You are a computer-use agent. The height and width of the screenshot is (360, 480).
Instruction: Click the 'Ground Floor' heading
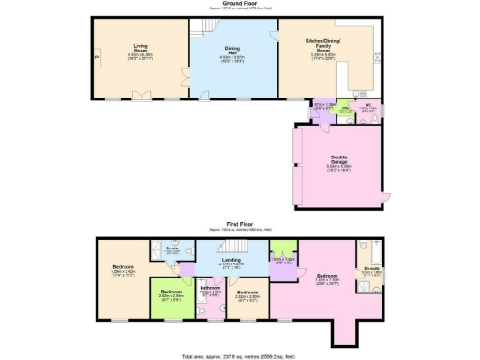(x=239, y=4)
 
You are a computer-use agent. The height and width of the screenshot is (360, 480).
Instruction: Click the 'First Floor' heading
(x=239, y=225)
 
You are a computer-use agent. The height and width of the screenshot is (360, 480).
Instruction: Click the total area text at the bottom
(x=239, y=356)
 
